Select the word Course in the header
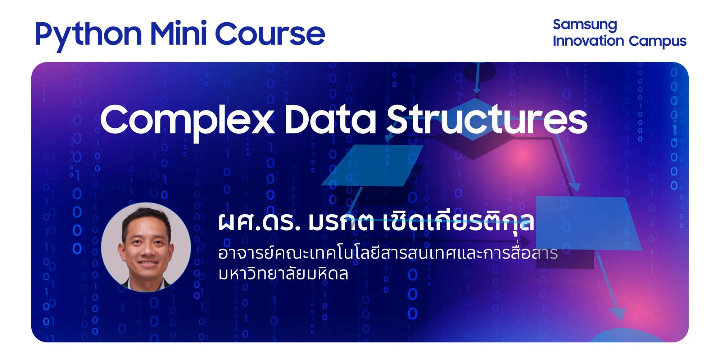coord(270,34)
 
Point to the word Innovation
coord(588,41)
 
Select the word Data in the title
coord(330,119)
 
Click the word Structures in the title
coord(487,119)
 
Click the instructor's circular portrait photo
coord(146,247)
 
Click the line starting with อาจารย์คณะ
coord(388,253)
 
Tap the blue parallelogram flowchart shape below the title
coord(372,165)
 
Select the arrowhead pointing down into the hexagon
coord(477,89)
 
